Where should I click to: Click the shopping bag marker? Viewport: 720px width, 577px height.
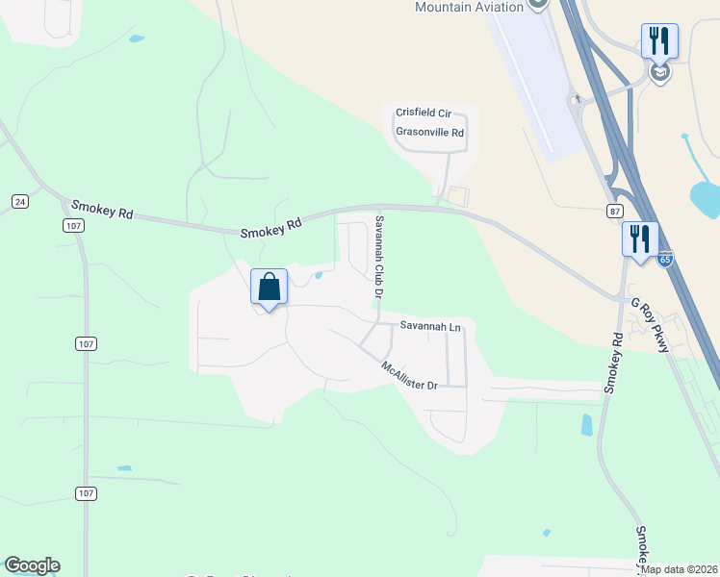click(x=270, y=288)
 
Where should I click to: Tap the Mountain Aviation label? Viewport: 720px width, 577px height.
click(x=469, y=7)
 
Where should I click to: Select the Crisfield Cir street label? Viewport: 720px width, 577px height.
click(x=424, y=113)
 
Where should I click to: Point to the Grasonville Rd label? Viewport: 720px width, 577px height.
click(x=429, y=133)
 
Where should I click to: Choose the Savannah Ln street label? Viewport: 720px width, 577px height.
click(x=430, y=328)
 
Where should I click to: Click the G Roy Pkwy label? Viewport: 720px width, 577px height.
click(x=650, y=324)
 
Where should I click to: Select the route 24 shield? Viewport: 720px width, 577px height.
click(x=19, y=201)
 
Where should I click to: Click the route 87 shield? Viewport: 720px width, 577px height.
click(x=616, y=211)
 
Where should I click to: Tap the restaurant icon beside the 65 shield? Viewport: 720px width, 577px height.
click(x=640, y=238)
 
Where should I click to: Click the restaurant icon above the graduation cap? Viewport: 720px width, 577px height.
click(x=659, y=40)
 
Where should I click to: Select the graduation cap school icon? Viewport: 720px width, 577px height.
click(x=660, y=73)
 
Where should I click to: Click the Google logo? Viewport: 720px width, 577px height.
click(x=32, y=565)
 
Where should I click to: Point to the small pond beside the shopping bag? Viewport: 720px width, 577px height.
click(x=319, y=277)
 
